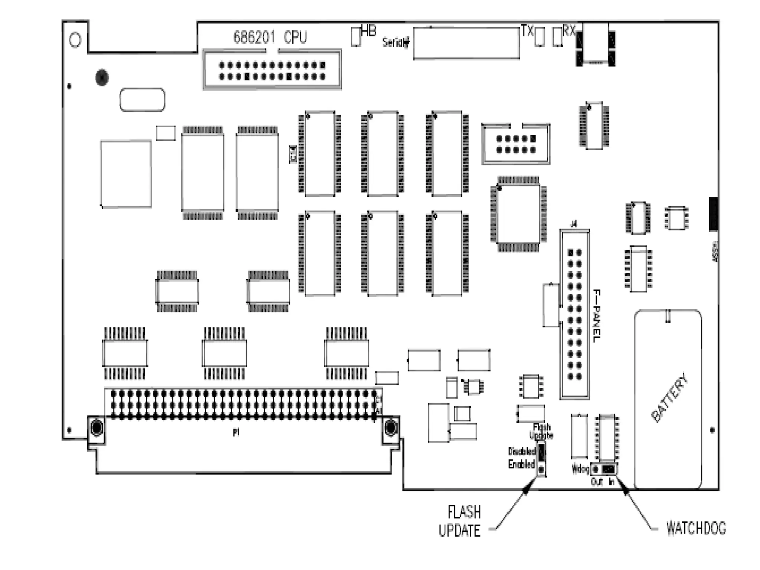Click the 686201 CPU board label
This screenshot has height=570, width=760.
[270, 37]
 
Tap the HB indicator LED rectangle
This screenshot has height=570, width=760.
[356, 36]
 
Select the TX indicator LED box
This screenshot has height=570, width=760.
[539, 37]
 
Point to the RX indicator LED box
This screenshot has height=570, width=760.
[557, 37]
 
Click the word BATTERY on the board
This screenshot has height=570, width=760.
[669, 398]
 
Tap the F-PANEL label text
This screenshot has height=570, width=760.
[596, 316]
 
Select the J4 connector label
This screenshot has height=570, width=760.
[574, 224]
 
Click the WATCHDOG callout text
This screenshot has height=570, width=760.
[696, 528]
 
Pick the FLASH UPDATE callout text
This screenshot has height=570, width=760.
[460, 521]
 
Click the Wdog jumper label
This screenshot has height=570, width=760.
[580, 469]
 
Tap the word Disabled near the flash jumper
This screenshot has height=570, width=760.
[521, 451]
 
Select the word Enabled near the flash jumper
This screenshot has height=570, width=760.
[521, 464]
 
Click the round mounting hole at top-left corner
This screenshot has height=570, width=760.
[75, 40]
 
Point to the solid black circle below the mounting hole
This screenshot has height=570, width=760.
[102, 78]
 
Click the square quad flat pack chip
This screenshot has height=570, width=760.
[518, 214]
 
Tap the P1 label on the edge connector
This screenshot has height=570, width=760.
[236, 432]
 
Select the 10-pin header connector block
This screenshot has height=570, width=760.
[516, 144]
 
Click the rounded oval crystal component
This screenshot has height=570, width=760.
[142, 99]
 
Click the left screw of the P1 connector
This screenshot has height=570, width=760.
[96, 427]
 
